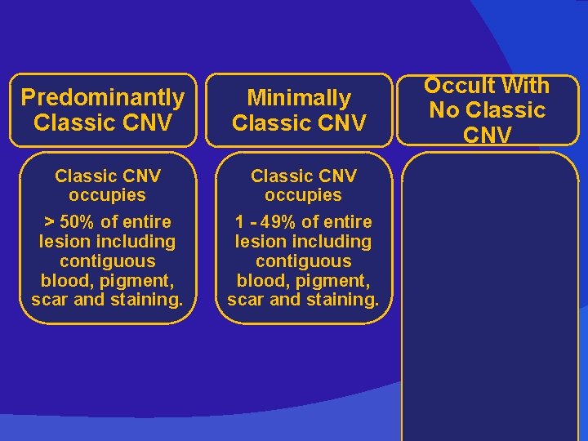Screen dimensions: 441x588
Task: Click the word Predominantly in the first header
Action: [x=103, y=98]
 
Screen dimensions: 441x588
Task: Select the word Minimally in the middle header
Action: [x=299, y=98]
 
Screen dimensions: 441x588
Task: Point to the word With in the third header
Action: [x=528, y=86]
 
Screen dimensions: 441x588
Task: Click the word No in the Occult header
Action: [x=444, y=110]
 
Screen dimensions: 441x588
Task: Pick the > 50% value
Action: [x=66, y=222]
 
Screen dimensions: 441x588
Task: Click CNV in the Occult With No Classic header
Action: [x=487, y=135]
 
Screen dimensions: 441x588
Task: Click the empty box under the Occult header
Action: [x=490, y=294]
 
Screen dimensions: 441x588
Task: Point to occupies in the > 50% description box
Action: [x=107, y=196]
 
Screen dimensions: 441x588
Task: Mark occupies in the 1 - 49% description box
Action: [x=303, y=196]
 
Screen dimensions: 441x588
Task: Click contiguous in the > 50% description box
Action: [x=107, y=261]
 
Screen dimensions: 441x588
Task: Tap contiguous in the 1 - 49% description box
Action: [x=303, y=261]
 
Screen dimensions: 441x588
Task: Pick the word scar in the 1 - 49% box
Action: [x=245, y=300]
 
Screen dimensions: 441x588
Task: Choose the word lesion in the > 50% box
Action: [x=65, y=242]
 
